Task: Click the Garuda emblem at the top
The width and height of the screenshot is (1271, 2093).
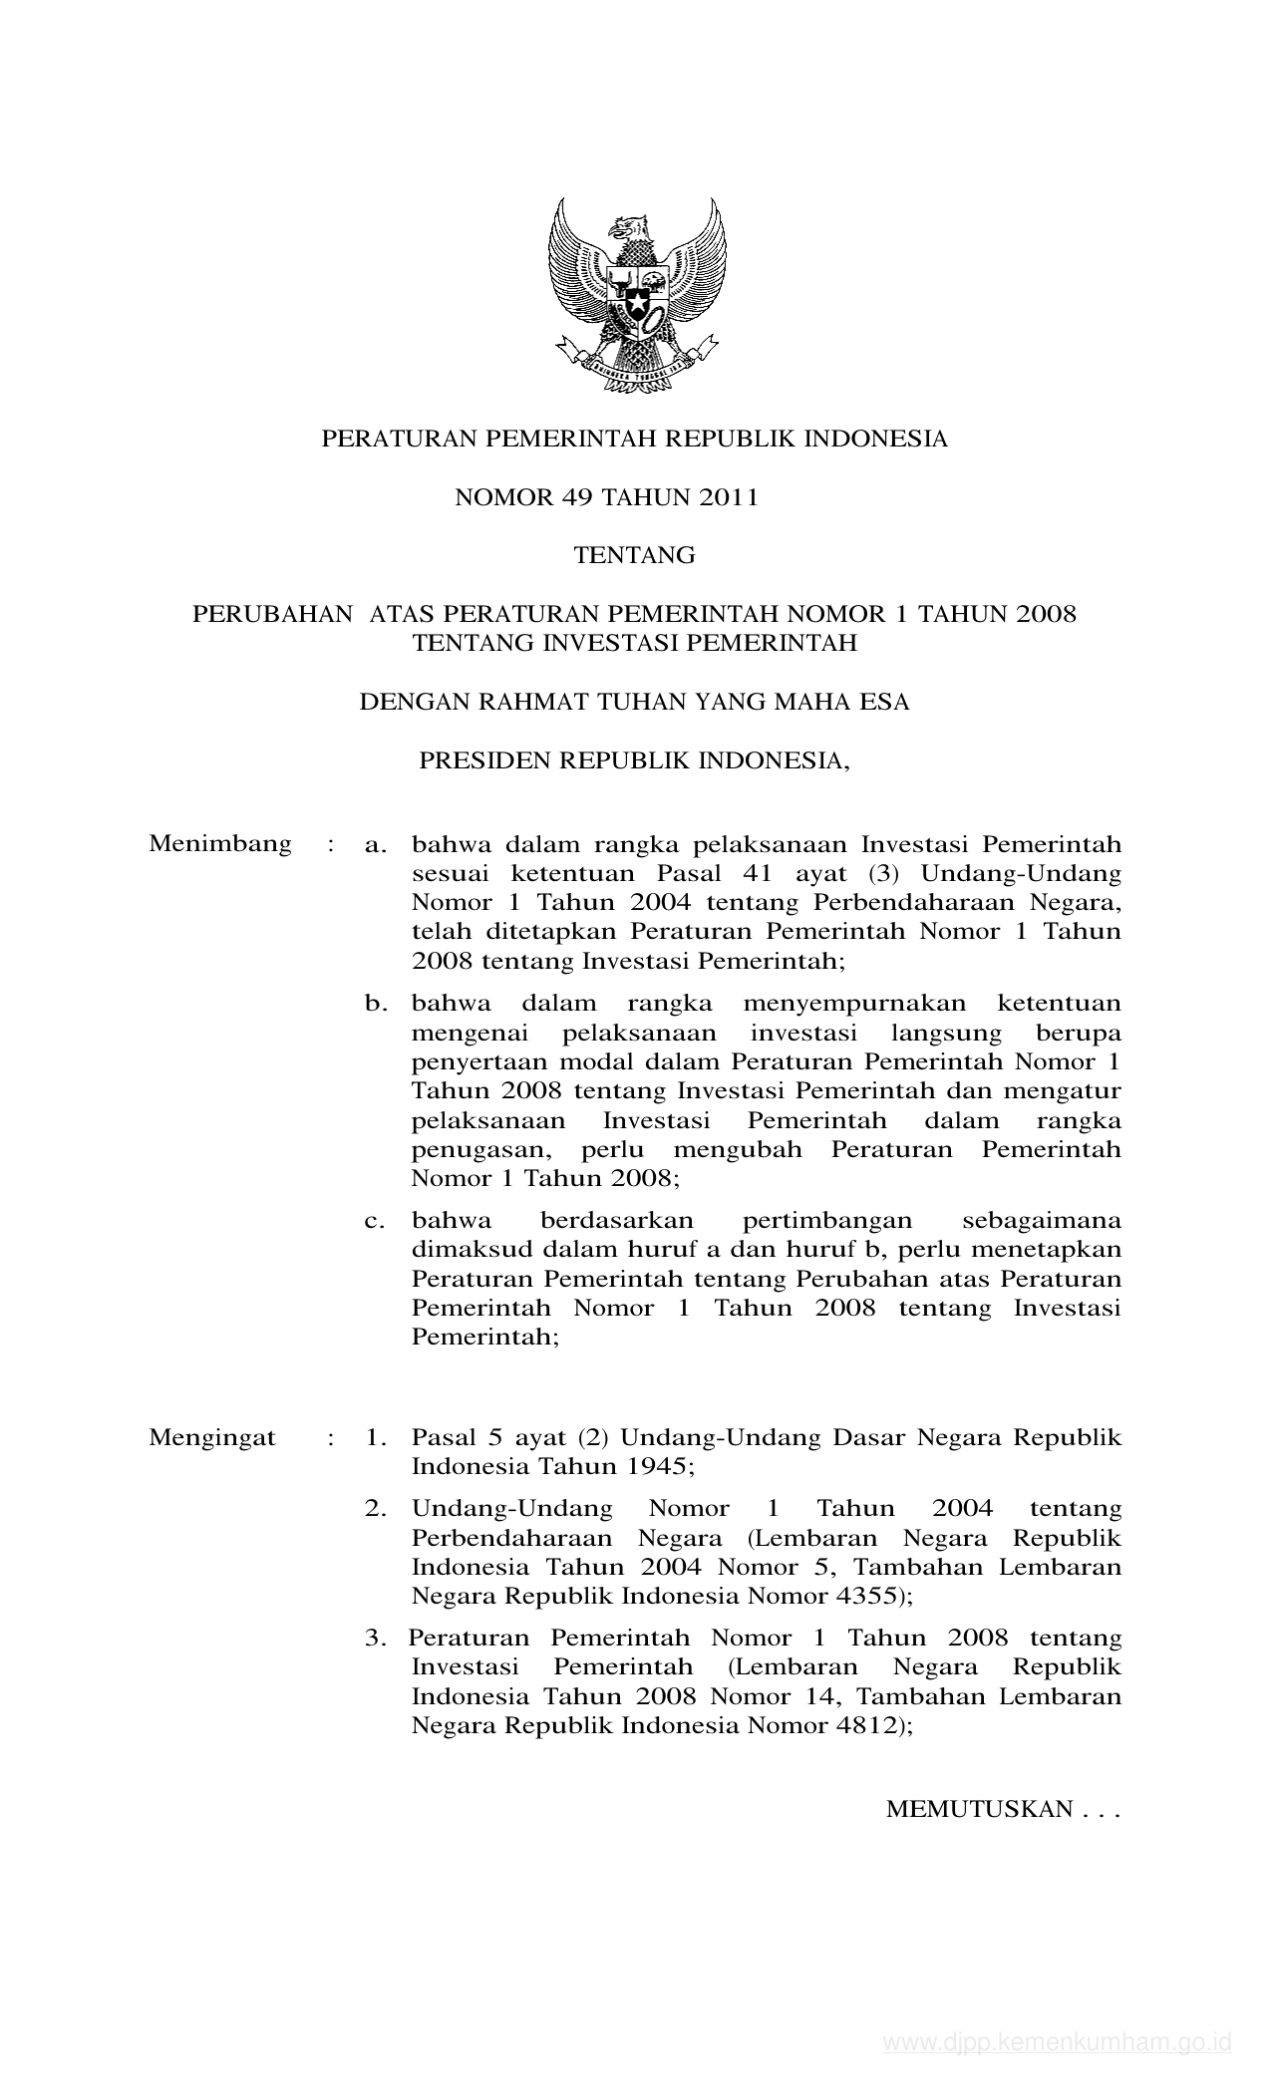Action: (x=636, y=296)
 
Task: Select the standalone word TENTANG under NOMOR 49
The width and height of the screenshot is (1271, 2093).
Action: (x=635, y=555)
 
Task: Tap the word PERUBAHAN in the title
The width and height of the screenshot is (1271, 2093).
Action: (x=272, y=614)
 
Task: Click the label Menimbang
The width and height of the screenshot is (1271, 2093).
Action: (x=220, y=844)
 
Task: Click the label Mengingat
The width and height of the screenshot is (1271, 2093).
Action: (x=212, y=1438)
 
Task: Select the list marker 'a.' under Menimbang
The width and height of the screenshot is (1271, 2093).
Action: (x=375, y=845)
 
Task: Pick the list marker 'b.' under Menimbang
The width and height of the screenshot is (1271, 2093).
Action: (x=376, y=1004)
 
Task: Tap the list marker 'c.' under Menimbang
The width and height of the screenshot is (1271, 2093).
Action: (x=375, y=1221)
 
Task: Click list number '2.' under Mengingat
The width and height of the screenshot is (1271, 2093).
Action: (x=375, y=1509)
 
